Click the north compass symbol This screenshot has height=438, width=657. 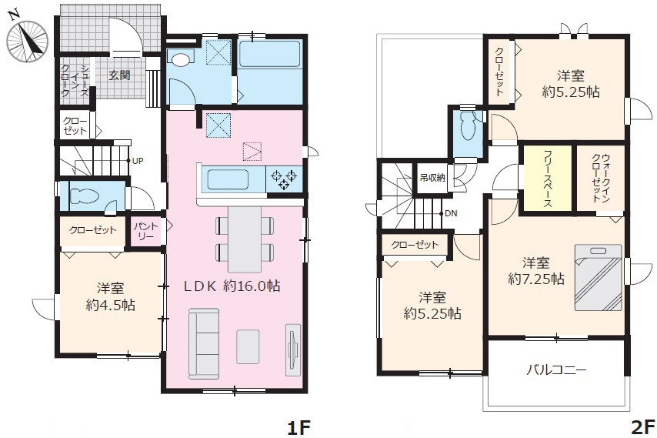click(27, 40)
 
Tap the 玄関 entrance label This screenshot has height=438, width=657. click(120, 75)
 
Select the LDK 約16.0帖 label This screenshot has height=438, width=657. click(232, 286)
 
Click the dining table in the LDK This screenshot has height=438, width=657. click(245, 239)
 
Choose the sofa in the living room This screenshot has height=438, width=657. click(204, 342)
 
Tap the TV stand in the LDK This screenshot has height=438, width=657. click(292, 349)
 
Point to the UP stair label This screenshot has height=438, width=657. click(138, 161)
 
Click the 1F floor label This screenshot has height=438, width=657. click(298, 428)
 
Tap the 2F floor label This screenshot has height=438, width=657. click(642, 428)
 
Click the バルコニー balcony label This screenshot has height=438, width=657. click(556, 370)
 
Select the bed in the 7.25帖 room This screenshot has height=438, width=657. click(597, 277)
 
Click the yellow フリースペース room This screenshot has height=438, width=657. click(548, 178)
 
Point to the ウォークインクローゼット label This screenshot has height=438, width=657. click(600, 178)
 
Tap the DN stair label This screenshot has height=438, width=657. click(451, 213)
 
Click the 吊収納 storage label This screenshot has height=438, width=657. click(432, 178)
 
